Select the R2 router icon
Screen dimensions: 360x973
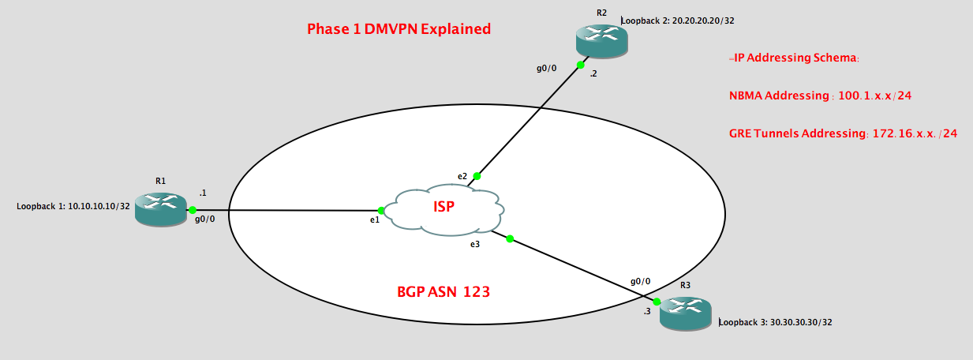(601, 39)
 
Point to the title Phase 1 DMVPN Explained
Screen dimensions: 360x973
(399, 29)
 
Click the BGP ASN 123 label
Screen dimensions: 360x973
(443, 291)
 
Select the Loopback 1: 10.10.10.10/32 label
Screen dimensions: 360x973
(73, 207)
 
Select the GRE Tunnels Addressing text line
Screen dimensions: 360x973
(843, 133)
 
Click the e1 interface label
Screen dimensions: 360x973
(375, 220)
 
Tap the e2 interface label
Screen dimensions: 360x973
(462, 174)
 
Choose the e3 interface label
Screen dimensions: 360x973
(474, 246)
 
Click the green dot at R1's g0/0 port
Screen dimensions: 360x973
(192, 210)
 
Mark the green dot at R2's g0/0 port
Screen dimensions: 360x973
(580, 65)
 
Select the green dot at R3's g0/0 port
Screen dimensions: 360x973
(657, 302)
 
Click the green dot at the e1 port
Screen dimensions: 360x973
(382, 210)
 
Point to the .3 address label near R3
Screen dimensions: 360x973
(646, 312)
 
